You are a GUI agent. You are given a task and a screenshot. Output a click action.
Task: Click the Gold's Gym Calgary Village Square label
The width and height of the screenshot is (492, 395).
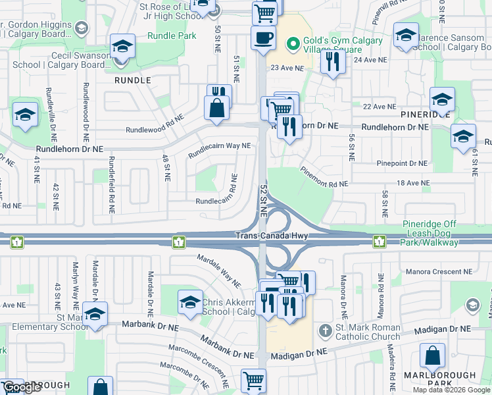click(333, 45)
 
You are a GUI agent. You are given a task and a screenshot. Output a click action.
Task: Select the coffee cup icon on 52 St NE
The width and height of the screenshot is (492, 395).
click(263, 38)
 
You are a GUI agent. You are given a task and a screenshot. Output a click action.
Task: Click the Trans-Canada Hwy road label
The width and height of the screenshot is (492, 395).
click(272, 235)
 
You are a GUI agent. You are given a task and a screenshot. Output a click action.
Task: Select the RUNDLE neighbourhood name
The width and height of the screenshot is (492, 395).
click(133, 80)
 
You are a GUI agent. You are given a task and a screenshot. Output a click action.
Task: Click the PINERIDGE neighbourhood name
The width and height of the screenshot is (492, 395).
click(425, 114)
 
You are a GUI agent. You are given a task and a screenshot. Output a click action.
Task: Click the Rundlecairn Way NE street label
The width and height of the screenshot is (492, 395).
click(220, 151)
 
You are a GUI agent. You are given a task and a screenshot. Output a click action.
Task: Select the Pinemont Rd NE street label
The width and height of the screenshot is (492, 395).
click(324, 178)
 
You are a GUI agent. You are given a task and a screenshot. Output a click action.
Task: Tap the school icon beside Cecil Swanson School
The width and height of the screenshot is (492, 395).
click(122, 47)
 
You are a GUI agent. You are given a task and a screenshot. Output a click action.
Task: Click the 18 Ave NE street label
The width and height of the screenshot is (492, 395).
click(412, 183)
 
